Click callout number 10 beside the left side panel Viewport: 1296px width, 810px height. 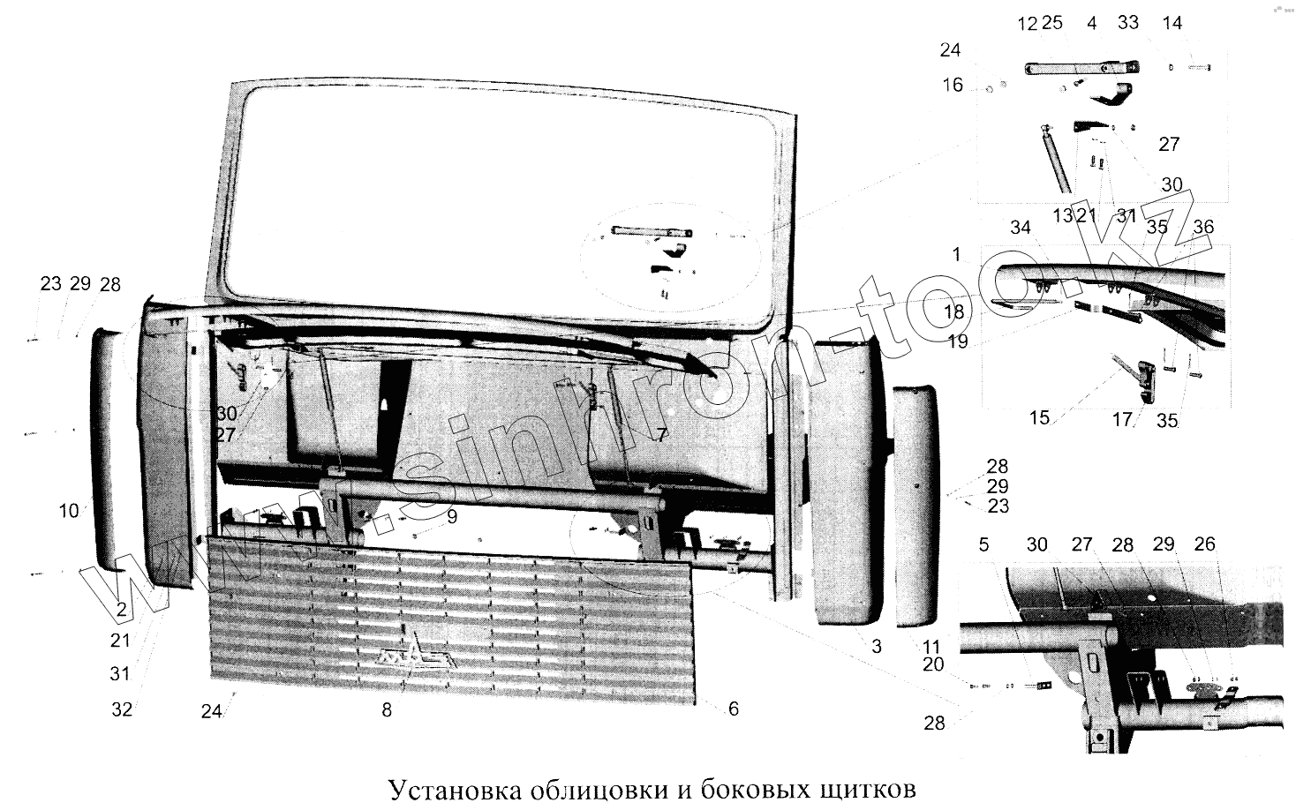pyautogui.click(x=70, y=510)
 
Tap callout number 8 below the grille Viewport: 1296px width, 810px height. pyautogui.click(x=387, y=709)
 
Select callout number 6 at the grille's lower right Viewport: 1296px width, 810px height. pyautogui.click(x=734, y=709)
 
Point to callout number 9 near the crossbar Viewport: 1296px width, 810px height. pyautogui.click(x=451, y=517)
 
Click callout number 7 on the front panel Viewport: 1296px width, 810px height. pyautogui.click(x=661, y=435)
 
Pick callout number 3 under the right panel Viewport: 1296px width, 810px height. pyautogui.click(x=877, y=647)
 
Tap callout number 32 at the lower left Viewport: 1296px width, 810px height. pyautogui.click(x=122, y=709)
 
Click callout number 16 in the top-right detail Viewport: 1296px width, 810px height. pyautogui.click(x=953, y=85)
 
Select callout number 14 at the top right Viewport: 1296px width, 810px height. pyautogui.click(x=1172, y=24)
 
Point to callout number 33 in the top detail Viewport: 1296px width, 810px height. pyautogui.click(x=1128, y=24)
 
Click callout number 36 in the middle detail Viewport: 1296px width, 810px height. pyautogui.click(x=1203, y=227)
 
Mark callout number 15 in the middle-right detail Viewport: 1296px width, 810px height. pyautogui.click(x=1039, y=417)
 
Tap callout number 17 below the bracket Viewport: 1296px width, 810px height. pyautogui.click(x=1121, y=421)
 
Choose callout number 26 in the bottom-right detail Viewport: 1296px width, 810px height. pyautogui.click(x=1204, y=544)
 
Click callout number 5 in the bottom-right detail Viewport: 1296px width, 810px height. pyautogui.click(x=984, y=544)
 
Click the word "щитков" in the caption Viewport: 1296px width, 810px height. pyautogui.click(x=863, y=787)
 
